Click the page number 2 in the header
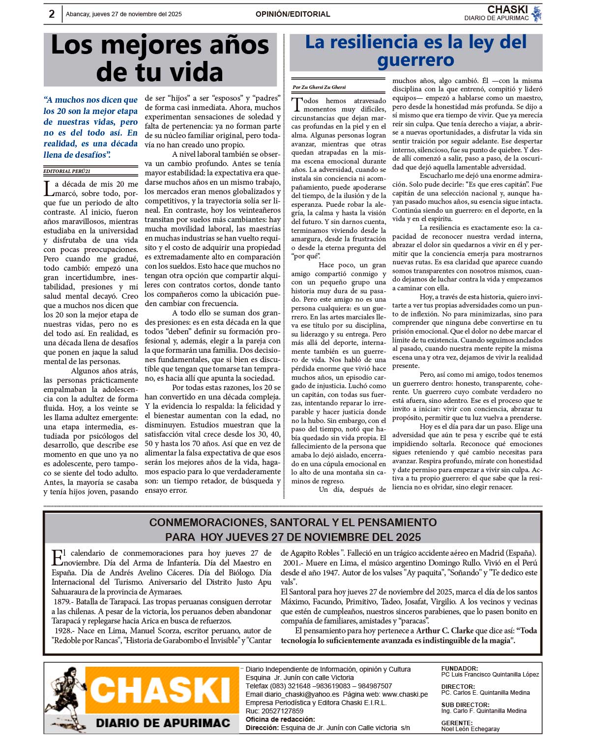[x=52, y=14]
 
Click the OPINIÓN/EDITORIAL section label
[x=293, y=14]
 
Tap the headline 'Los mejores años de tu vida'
[x=160, y=58]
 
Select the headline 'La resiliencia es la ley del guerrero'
[x=415, y=51]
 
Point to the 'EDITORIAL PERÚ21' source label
[x=67, y=171]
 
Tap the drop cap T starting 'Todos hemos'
[x=297, y=104]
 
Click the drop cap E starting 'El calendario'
[x=57, y=557]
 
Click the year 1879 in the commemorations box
[x=62, y=602]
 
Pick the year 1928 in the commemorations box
[x=64, y=631]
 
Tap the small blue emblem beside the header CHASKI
[x=536, y=13]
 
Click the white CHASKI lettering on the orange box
[x=160, y=689]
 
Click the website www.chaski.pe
[x=405, y=695]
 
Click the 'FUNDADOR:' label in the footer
[x=459, y=669]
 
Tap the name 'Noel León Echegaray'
[x=470, y=729]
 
